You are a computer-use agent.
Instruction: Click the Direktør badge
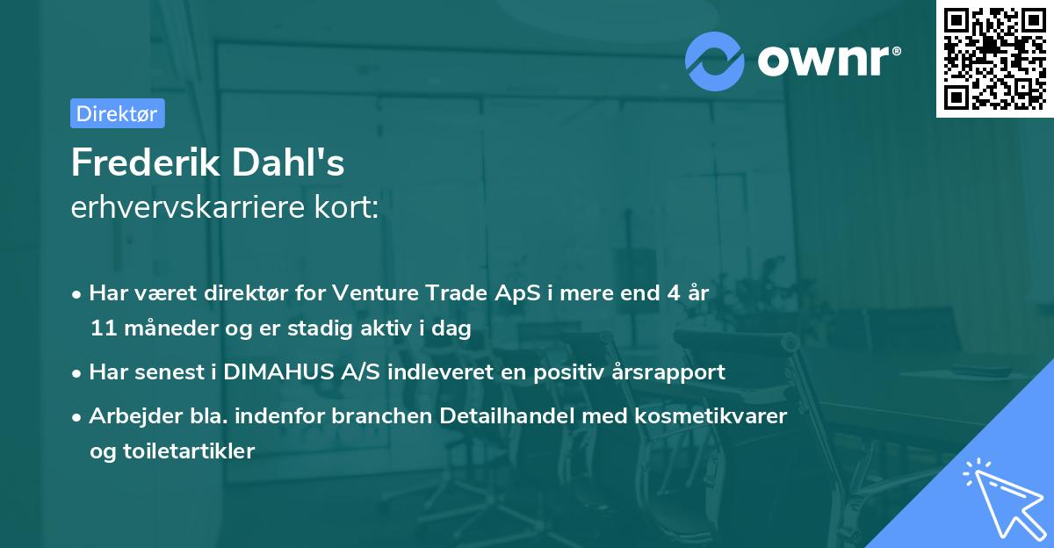pyautogui.click(x=117, y=113)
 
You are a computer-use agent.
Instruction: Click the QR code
pyautogui.click(x=994, y=58)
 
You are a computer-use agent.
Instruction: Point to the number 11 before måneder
pyautogui.click(x=101, y=329)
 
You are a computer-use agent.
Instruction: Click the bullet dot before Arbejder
pyautogui.click(x=78, y=416)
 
